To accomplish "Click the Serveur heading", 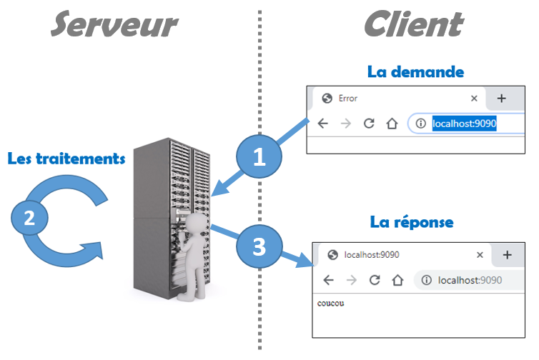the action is click(114, 24).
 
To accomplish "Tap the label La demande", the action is click(415, 72).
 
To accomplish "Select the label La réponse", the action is click(412, 222).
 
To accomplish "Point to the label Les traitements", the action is click(66, 159).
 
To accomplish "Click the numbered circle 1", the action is click(259, 156).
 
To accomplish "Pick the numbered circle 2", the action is click(29, 218).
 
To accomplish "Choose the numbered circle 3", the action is click(259, 246).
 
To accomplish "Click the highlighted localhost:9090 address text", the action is click(465, 124).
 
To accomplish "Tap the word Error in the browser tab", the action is click(348, 99).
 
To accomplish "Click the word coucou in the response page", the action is click(331, 304).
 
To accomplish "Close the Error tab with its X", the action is click(474, 99).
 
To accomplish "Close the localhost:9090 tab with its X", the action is click(480, 255).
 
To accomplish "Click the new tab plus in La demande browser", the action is click(502, 99).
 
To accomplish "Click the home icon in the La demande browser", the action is click(392, 124).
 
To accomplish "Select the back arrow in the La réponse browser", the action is click(329, 280).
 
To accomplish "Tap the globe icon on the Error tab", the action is click(327, 99).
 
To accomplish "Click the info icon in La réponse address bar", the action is click(427, 280).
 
